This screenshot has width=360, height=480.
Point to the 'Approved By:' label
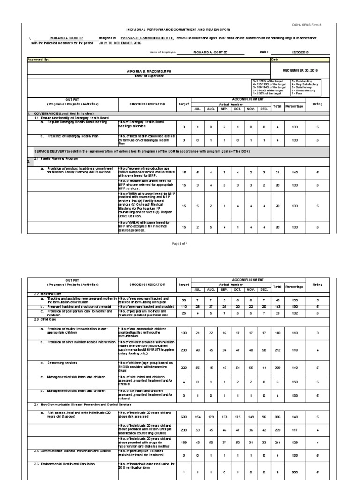pos(38,60)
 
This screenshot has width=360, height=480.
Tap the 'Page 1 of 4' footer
pos(180,244)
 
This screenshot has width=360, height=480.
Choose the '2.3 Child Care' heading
pos(42,319)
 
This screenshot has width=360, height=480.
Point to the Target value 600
pos(184,416)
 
